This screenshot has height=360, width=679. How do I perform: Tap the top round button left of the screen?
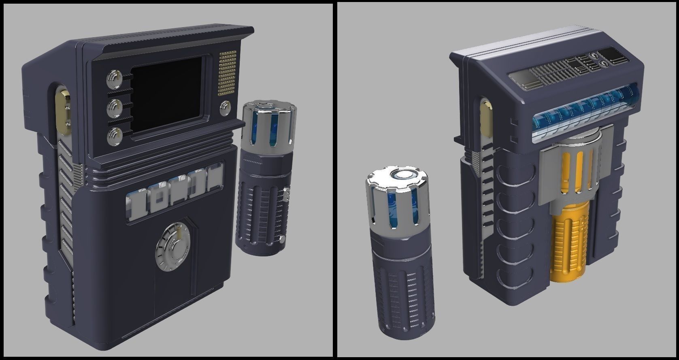pyautogui.click(x=114, y=79)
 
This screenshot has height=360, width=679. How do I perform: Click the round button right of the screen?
pyautogui.click(x=225, y=108)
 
